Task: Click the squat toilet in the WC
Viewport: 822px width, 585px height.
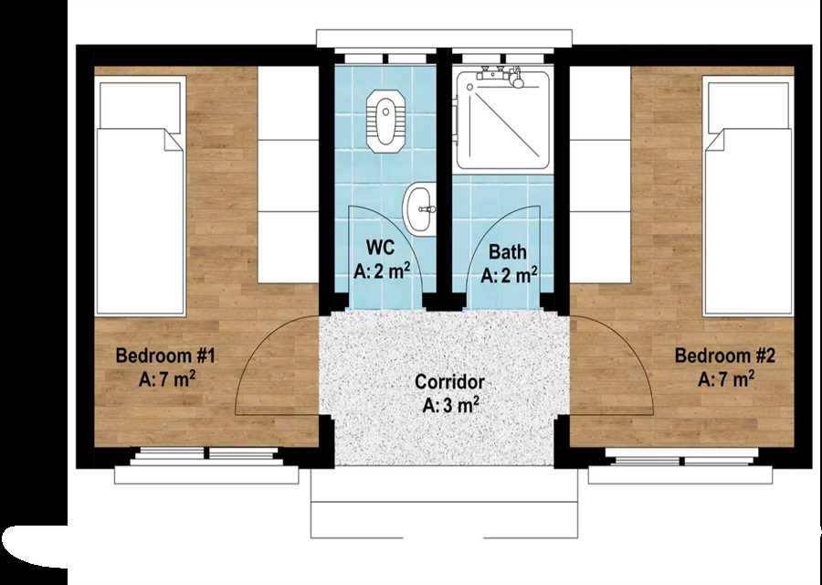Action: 385,122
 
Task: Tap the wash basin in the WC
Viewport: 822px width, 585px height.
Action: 419,208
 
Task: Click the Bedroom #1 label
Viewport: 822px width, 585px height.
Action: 165,356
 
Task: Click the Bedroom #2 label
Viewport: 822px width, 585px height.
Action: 724,356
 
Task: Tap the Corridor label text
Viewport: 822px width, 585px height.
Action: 449,382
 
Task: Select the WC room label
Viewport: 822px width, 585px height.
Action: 380,246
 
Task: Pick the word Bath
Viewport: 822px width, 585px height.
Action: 508,251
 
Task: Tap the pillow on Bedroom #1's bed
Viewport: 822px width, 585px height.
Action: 140,104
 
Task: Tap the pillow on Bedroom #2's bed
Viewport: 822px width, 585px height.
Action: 749,104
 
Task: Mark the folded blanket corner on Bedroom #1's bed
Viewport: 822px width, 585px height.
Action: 173,140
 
